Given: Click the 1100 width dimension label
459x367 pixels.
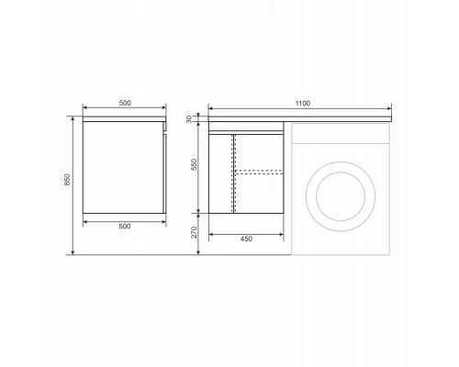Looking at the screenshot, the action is tap(302, 104).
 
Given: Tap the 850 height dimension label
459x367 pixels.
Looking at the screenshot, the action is tap(67, 180).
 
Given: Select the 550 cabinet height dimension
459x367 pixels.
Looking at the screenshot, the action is tap(194, 164).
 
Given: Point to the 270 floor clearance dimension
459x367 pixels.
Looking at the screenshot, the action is tap(194, 232).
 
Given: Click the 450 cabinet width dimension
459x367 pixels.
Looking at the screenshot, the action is tap(246, 239).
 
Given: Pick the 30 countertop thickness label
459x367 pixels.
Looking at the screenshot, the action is tap(189, 119).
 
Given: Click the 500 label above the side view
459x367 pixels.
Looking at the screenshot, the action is tap(125, 103).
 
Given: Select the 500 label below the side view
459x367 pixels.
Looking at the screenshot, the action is tap(125, 227).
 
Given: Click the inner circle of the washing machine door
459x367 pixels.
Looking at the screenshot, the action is tap(341, 172).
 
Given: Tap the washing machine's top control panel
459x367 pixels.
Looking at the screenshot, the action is tap(341, 133).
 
